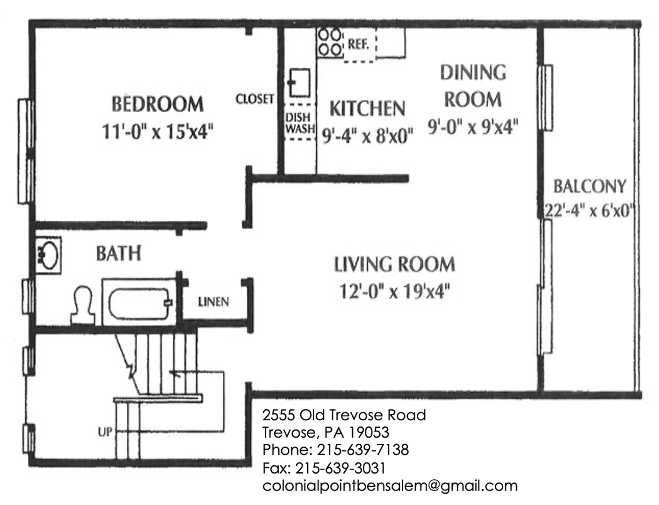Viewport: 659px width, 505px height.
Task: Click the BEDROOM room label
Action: [157, 104]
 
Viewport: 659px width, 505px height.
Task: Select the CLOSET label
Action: [254, 99]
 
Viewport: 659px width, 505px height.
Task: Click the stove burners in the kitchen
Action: [329, 42]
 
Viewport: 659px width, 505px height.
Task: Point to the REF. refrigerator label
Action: [358, 44]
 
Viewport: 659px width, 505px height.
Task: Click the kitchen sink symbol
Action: [299, 82]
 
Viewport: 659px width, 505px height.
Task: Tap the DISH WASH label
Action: [299, 123]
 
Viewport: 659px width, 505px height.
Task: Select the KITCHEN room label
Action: [367, 108]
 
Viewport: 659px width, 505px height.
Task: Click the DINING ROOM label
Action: [473, 86]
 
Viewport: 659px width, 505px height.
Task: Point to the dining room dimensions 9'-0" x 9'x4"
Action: [473, 127]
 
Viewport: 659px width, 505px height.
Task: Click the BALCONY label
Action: [589, 187]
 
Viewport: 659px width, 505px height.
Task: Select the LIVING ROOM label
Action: [394, 265]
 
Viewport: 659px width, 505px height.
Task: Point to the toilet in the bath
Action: [83, 304]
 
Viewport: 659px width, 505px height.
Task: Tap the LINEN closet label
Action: [213, 302]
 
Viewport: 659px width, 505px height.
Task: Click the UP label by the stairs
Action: [105, 432]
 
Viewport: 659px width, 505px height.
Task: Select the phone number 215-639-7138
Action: [362, 450]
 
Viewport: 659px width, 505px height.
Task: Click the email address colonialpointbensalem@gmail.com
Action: [390, 486]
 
